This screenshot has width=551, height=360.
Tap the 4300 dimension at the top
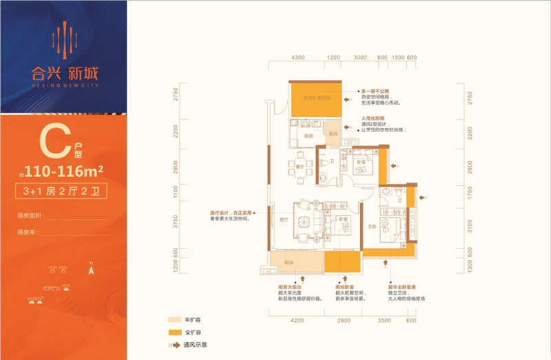(x=298, y=58)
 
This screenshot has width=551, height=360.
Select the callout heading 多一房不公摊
(x=376, y=90)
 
